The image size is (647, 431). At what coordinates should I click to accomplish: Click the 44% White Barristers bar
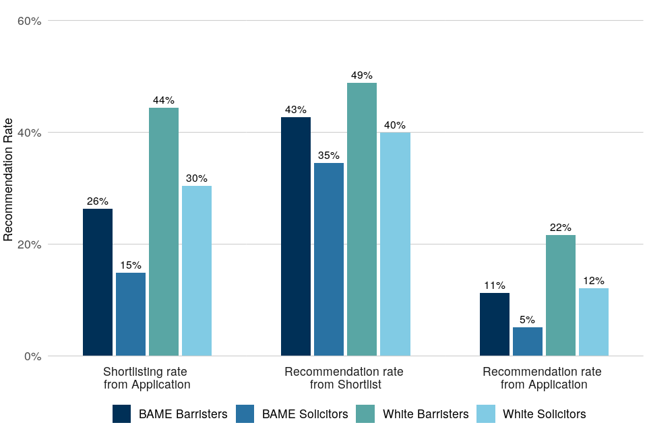164,232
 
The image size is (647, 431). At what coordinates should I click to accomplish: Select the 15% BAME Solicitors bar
131,314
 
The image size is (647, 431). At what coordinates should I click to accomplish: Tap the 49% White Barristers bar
362,219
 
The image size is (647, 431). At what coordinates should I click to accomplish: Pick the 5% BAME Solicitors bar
528,341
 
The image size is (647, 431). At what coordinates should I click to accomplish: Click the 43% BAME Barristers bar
296,236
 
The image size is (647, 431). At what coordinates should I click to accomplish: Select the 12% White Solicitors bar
594,322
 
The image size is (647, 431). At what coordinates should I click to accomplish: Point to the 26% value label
98,201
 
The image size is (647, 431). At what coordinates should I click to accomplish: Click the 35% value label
329,155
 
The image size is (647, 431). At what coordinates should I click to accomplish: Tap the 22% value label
561,227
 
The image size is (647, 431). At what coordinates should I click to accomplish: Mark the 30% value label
197,178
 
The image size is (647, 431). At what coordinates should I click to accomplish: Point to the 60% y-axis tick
30,21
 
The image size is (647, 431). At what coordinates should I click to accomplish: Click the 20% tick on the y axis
30,244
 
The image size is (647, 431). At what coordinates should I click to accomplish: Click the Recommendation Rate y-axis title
8,179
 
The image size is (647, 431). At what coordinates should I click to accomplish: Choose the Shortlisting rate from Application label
147,378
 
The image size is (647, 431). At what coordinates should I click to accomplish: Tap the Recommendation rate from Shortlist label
345,378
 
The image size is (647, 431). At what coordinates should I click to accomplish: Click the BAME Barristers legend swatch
122,414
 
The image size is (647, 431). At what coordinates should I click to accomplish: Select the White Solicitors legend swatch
485,414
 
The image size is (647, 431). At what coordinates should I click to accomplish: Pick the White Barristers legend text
425,414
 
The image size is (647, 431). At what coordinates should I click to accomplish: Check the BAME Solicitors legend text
305,414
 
